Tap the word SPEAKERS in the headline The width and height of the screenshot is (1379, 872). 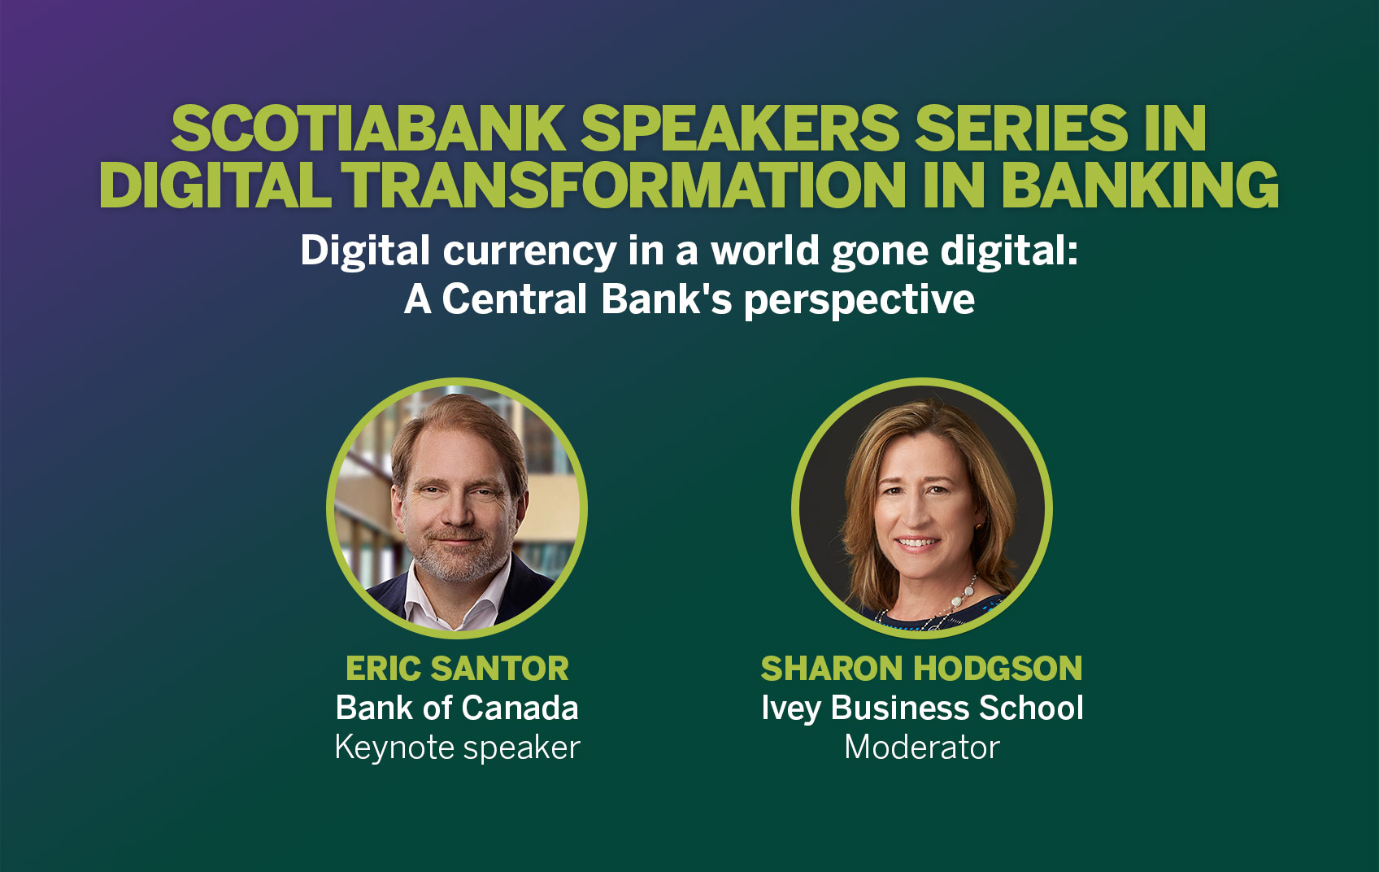pos(740,129)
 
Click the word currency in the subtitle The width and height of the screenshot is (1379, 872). pos(529,251)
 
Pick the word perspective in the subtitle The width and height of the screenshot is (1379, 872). pos(859,300)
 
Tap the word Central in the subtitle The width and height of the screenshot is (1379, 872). pos(515,299)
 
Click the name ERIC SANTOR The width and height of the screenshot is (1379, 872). pos(457,669)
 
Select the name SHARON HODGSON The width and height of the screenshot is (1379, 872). pos(921,669)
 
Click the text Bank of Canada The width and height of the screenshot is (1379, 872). pos(457,708)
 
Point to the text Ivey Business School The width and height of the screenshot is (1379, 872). pos(921,708)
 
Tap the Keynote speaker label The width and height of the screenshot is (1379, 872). pos(457,747)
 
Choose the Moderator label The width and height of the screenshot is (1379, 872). pos(921,747)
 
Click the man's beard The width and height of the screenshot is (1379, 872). pos(455,561)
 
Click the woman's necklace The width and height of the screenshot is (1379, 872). pos(964,594)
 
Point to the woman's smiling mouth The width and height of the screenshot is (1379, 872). pos(917,543)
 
